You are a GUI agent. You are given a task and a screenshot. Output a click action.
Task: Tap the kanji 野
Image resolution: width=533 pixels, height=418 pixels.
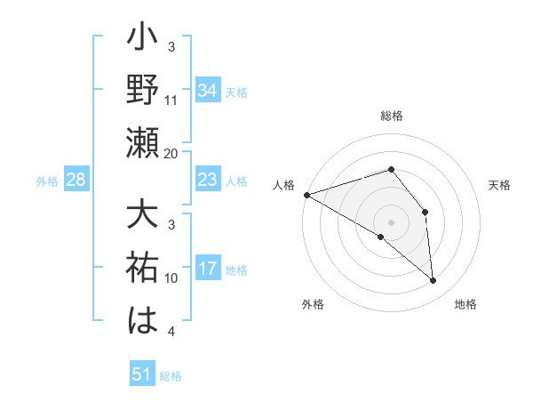[x=141, y=91]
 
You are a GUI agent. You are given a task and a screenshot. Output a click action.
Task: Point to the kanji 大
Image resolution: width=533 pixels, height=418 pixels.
[x=141, y=217]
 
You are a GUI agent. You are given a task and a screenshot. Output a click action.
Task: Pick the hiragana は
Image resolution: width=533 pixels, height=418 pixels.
[x=141, y=320]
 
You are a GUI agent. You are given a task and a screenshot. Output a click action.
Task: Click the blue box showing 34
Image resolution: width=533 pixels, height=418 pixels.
[x=207, y=91]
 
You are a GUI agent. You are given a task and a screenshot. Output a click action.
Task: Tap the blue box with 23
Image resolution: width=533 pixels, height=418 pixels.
[x=207, y=181]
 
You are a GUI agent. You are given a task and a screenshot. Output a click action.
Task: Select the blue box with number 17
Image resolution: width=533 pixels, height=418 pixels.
[x=207, y=269]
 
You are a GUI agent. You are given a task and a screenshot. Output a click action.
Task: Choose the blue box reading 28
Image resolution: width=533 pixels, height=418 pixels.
[x=76, y=181]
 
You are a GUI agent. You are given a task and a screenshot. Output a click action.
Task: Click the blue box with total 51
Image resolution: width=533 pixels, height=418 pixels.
[x=141, y=375]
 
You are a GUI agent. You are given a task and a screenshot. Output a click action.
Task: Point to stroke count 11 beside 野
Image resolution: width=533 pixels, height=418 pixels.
[x=171, y=100]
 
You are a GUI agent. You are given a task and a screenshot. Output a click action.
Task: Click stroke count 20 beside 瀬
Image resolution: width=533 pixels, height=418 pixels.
[x=171, y=153]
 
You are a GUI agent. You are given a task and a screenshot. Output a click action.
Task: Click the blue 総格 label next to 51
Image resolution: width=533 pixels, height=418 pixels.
[x=171, y=376]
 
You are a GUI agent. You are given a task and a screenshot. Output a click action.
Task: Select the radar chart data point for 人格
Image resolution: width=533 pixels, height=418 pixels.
[x=306, y=194]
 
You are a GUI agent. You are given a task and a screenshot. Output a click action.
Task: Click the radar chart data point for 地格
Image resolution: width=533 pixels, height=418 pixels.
[x=434, y=281]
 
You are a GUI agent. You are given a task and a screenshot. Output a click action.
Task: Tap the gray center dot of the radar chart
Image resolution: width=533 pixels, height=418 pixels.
[x=391, y=221]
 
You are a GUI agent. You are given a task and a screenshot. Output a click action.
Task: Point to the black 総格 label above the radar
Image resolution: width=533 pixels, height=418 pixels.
[x=391, y=117]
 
